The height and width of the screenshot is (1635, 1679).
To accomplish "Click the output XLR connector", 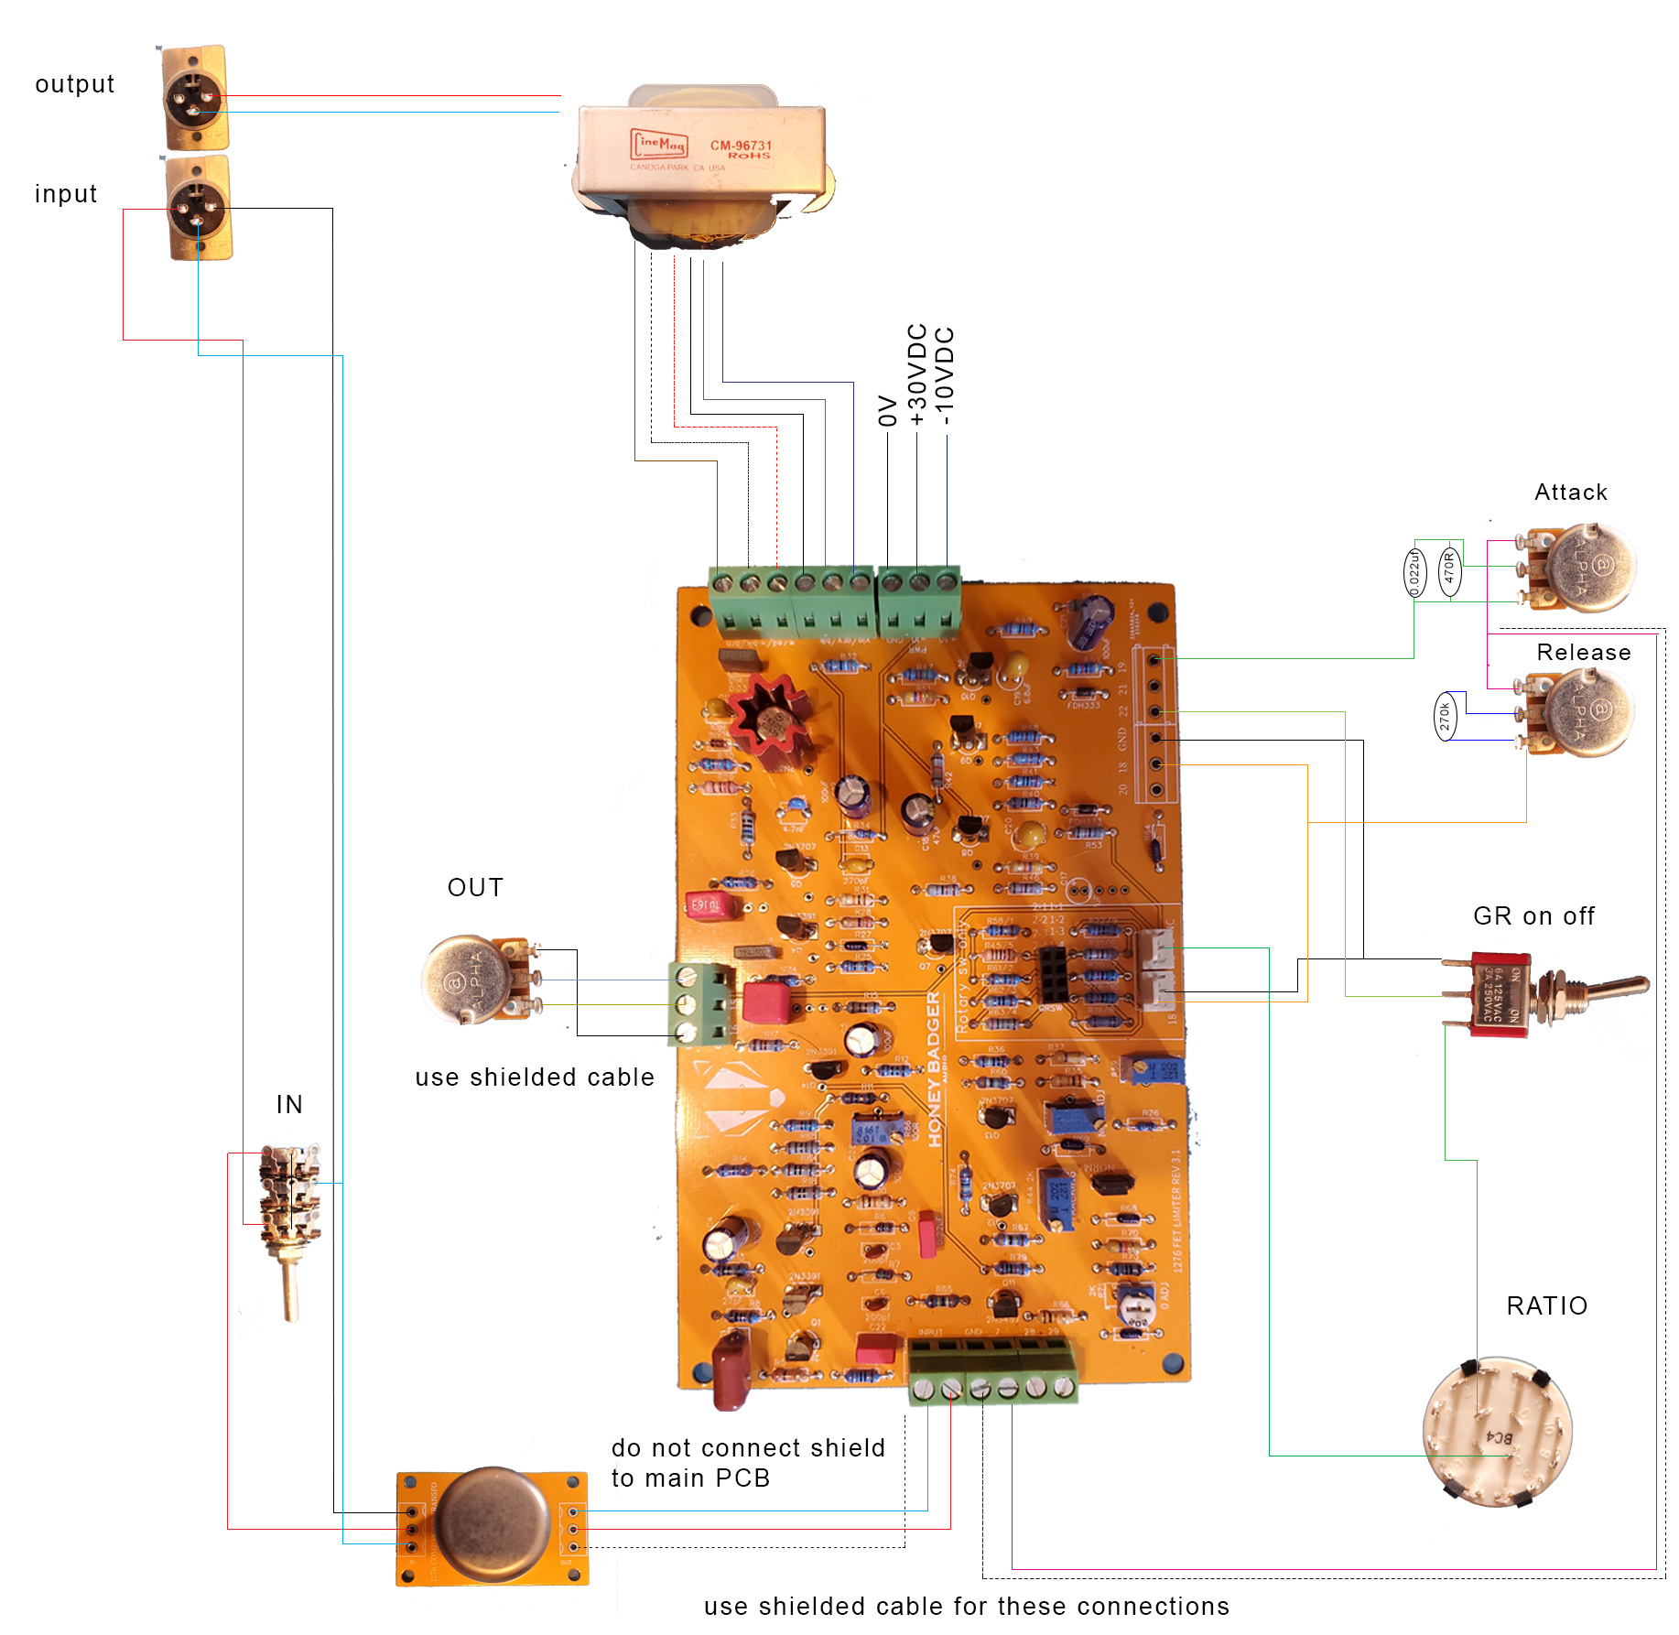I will pos(195,97).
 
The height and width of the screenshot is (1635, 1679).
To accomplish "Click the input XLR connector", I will pos(199,208).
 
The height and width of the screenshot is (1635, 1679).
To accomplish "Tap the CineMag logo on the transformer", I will pos(659,145).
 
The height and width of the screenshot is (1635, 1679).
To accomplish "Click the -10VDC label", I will pos(946,375).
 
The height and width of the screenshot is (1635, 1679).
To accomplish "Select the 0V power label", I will pos(887,410).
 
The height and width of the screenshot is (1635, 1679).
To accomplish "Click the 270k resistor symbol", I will pos(1445,716).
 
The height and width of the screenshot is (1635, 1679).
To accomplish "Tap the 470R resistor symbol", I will pos(1449,571).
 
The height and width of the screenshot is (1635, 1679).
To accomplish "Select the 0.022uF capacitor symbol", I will pos(1414,573).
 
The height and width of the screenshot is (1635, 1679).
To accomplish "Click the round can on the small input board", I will pos(493,1524).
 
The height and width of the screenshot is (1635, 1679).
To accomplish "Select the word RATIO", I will pos(1546,1305).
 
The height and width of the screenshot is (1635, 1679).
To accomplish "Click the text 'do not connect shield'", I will pos(748,1447).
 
